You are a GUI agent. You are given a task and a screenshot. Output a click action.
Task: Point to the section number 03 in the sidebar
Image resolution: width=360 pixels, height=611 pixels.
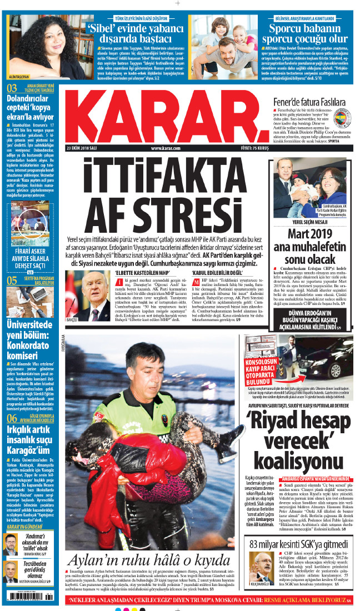click(x=12, y=88)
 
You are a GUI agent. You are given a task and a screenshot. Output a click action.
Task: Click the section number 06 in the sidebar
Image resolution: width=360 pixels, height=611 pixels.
click(x=12, y=418)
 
